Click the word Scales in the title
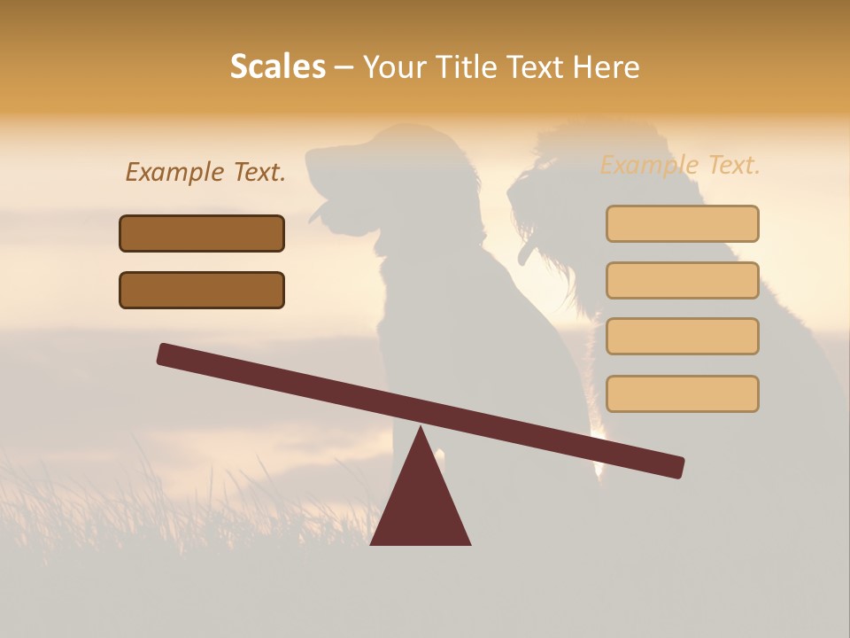tap(277, 66)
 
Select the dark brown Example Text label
tap(205, 173)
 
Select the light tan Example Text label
tap(680, 165)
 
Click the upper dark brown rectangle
tap(202, 233)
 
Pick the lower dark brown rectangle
tap(202, 290)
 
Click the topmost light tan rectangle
tap(682, 223)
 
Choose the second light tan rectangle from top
tap(682, 280)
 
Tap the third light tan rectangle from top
tap(682, 337)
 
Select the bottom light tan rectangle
tap(682, 393)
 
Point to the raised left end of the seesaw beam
tap(166, 354)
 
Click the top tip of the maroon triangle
tap(421, 428)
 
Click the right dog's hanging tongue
tap(526, 255)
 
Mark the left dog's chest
tap(398, 292)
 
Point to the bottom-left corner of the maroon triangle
tap(372, 543)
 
